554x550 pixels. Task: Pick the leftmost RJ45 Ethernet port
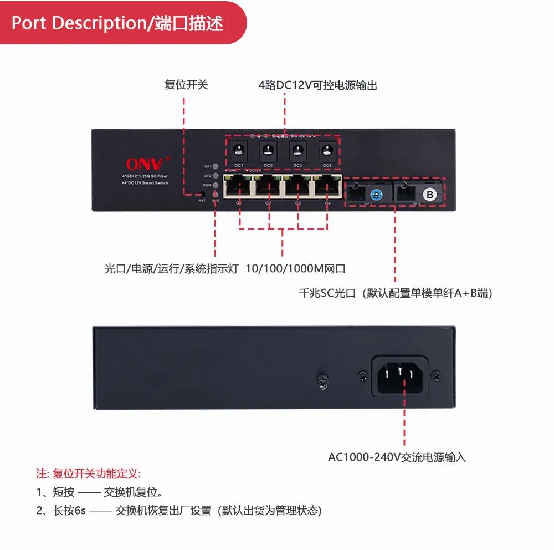pyautogui.click(x=238, y=185)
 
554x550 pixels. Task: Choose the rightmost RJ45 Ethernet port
pyautogui.click(x=327, y=185)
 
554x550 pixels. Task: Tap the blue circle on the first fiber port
pyautogui.click(x=377, y=195)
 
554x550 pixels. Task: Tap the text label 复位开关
pyautogui.click(x=186, y=85)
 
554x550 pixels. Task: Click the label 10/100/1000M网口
pyautogui.click(x=296, y=269)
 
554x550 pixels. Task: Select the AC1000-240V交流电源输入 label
pyautogui.click(x=397, y=457)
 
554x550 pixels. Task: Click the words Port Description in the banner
pyautogui.click(x=77, y=23)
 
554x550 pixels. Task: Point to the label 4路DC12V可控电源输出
pyautogui.click(x=318, y=85)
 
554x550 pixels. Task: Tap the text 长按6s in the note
pyautogui.click(x=69, y=511)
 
